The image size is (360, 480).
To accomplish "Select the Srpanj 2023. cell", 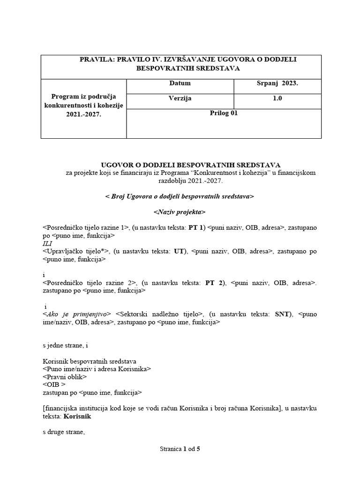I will point(277,83).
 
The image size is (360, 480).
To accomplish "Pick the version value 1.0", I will point(277,98).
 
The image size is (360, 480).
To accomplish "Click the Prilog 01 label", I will point(224,113).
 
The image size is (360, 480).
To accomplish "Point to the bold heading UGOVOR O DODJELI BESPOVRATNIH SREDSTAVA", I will point(191,165).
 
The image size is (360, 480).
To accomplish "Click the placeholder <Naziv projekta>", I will point(180,212).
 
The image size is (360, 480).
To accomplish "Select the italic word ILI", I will point(48,243).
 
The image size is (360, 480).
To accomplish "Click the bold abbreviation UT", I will point(179,251).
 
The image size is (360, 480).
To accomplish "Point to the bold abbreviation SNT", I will point(283,314).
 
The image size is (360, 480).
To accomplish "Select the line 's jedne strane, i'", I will point(65,345).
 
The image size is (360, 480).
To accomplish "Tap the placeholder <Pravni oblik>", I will point(65,376).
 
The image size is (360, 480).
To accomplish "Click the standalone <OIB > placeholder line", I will point(54,384).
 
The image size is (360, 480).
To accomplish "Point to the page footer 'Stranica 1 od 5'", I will point(180,449).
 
